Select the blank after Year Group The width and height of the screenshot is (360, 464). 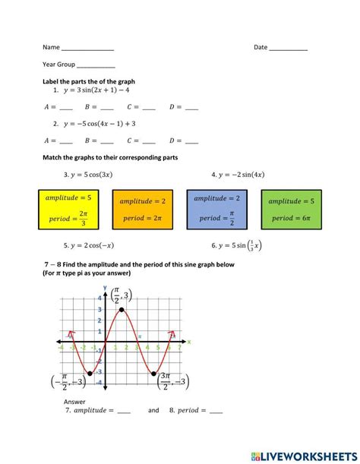(96, 66)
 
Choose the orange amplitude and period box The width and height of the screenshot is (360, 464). (142, 210)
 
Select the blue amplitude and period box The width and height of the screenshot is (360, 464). (216, 209)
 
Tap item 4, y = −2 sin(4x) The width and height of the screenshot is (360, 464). (238, 175)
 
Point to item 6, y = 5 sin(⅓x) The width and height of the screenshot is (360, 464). (237, 245)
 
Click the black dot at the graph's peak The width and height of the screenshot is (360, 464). (122, 311)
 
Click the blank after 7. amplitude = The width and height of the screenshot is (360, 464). (124, 411)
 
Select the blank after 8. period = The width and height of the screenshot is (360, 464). (216, 411)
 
